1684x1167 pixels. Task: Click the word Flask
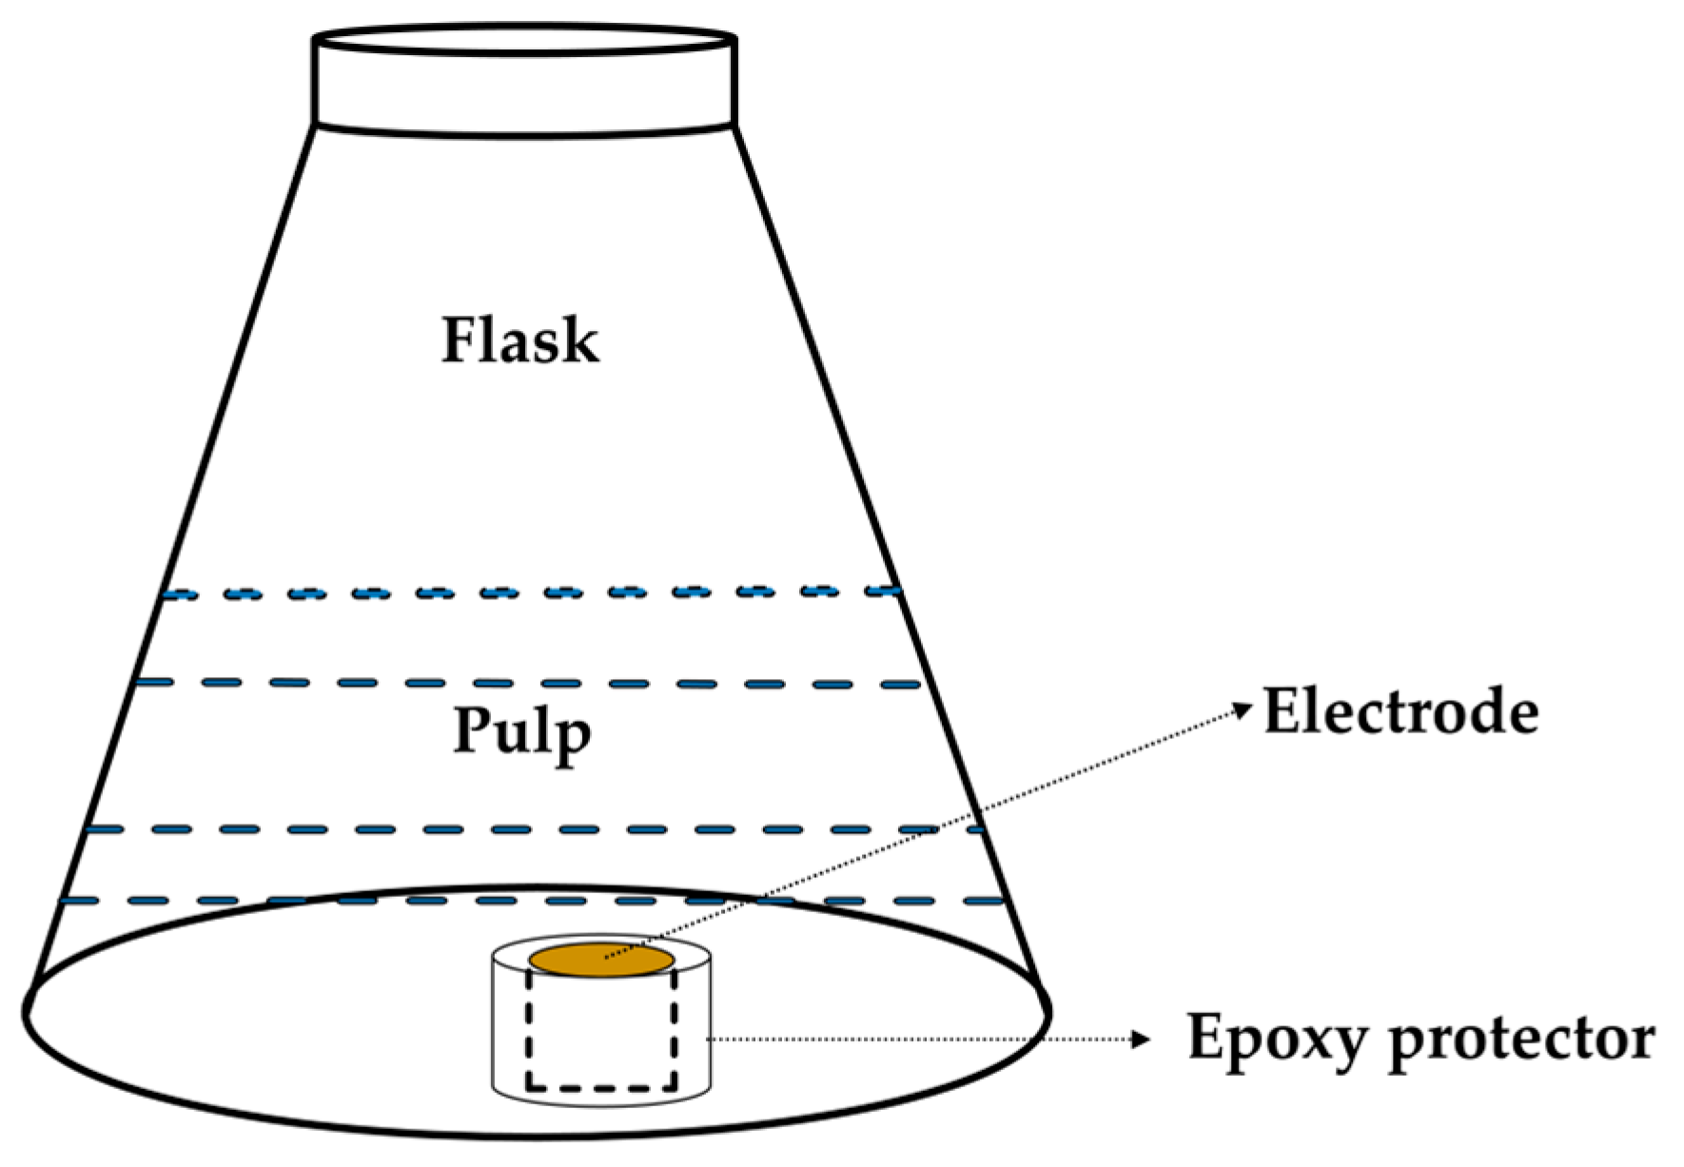(519, 340)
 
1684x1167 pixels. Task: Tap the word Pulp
(521, 732)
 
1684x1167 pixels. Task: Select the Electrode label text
(1400, 711)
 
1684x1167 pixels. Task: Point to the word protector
(1521, 1039)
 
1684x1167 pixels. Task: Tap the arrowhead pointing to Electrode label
(1243, 709)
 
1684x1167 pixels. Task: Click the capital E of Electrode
(1281, 711)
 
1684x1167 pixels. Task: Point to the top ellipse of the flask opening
(524, 40)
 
